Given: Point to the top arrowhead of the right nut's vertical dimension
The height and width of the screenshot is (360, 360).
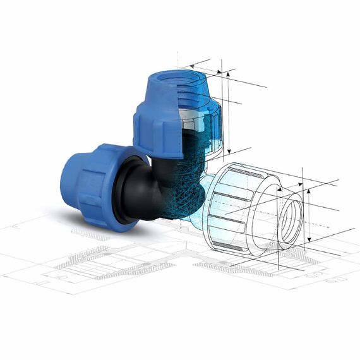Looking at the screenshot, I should point(309,189).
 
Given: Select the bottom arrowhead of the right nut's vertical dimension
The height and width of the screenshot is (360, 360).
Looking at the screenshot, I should point(309,243).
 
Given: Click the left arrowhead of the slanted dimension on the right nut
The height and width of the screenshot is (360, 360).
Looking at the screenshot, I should point(278,189).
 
